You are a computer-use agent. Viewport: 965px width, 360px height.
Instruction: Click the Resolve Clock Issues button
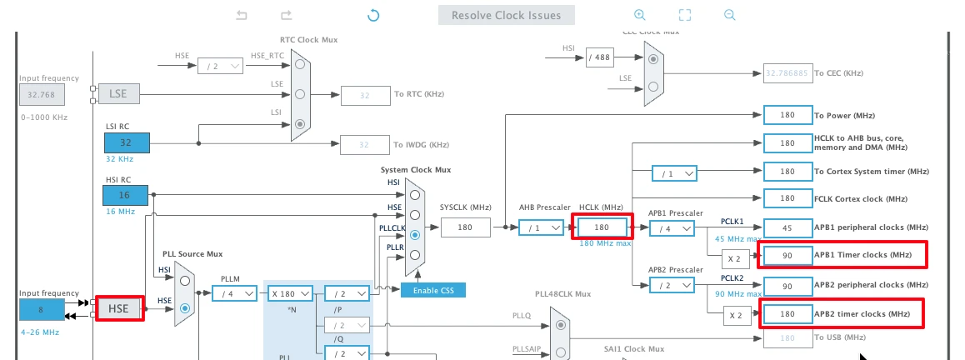pyautogui.click(x=506, y=15)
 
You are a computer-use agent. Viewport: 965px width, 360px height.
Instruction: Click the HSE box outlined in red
pyautogui.click(x=120, y=309)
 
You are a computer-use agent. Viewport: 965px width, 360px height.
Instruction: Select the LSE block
pyautogui.click(x=118, y=93)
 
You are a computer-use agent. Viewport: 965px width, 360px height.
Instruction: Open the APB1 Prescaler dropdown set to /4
pyautogui.click(x=672, y=227)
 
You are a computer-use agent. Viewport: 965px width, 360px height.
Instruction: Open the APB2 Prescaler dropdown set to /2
pyautogui.click(x=672, y=286)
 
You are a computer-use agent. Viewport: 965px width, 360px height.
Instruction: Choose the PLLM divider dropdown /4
pyautogui.click(x=234, y=293)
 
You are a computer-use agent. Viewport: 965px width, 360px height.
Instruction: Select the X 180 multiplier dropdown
pyautogui.click(x=289, y=293)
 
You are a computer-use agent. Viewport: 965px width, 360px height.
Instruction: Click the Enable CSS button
pyautogui.click(x=432, y=290)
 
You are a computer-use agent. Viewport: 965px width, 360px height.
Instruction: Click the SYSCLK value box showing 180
pyautogui.click(x=464, y=227)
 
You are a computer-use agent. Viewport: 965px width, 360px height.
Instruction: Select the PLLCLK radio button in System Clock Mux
pyautogui.click(x=414, y=234)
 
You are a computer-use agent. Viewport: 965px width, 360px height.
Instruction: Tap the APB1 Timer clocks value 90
pyautogui.click(x=787, y=255)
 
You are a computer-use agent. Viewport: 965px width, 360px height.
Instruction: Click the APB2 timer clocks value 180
pyautogui.click(x=787, y=314)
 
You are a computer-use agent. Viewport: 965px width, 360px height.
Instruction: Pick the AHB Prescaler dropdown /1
pyautogui.click(x=540, y=227)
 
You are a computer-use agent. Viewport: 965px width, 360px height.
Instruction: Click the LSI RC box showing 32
pyautogui.click(x=126, y=142)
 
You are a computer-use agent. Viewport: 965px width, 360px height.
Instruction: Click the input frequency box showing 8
pyautogui.click(x=42, y=309)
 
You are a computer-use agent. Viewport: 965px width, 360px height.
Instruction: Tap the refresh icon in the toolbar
pyautogui.click(x=373, y=15)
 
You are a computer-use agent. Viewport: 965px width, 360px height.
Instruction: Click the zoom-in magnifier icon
pyautogui.click(x=639, y=15)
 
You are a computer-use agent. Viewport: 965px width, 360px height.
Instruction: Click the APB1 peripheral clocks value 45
pyautogui.click(x=787, y=227)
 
